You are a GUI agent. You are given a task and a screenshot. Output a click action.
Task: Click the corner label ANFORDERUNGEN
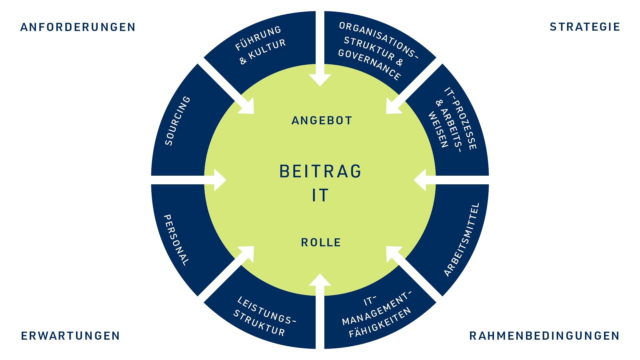[78, 27]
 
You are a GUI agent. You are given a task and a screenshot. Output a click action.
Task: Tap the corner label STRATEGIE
[585, 27]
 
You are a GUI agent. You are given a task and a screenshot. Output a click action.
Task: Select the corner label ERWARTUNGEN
[70, 336]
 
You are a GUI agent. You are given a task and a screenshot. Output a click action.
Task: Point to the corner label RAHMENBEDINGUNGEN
[544, 336]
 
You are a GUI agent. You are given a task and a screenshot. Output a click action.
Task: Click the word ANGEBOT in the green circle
[322, 121]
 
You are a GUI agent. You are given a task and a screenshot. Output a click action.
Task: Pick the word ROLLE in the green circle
[321, 243]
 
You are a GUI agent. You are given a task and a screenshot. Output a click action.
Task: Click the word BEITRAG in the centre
[320, 172]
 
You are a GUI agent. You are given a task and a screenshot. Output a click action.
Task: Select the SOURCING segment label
[178, 121]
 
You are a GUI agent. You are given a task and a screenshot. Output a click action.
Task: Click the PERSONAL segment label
[176, 240]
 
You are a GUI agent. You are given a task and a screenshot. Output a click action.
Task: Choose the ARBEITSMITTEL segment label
[462, 239]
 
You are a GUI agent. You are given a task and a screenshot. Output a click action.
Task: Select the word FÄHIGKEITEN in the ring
[380, 323]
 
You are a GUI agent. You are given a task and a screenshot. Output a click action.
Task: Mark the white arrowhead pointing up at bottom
[320, 280]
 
